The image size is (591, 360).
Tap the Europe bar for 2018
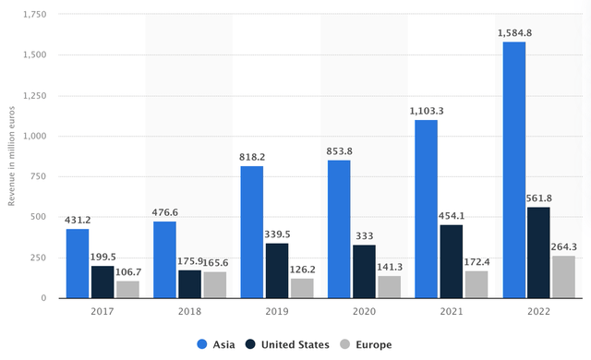214,284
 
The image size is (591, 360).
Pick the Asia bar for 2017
78,263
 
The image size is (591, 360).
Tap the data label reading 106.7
127,272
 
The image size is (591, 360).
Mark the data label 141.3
390,267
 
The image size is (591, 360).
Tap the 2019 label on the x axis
277,312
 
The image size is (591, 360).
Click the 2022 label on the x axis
539,312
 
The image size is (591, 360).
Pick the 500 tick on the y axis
38,217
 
